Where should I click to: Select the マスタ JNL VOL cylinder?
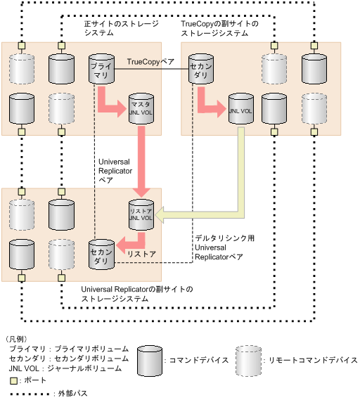(x=140, y=110)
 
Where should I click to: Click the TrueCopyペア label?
(x=150, y=63)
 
